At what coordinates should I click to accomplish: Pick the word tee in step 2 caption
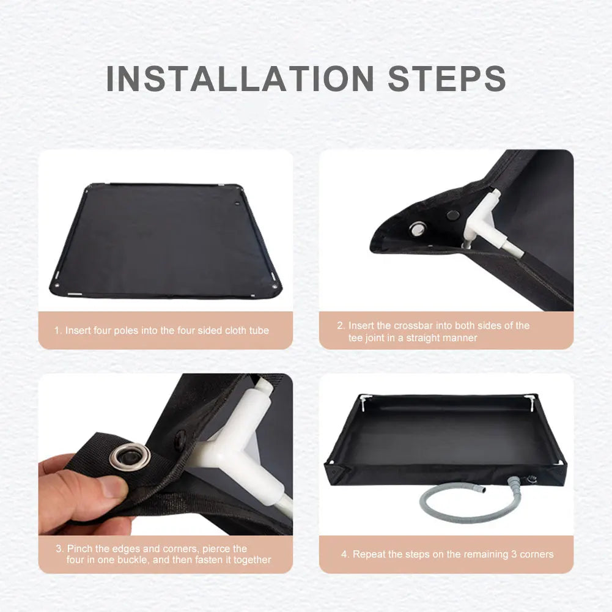[356, 337]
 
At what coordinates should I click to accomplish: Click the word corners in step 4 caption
[536, 555]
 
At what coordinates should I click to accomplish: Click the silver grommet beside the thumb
[130, 456]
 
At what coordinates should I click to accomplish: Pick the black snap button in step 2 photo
[453, 215]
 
